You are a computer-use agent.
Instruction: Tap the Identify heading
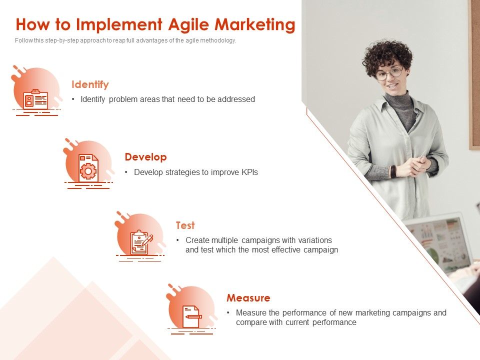pos(90,84)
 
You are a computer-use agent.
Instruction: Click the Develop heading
pos(145,157)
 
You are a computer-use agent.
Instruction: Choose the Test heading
pos(185,225)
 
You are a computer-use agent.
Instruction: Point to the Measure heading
pos(248,298)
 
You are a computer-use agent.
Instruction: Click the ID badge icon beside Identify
pos(35,99)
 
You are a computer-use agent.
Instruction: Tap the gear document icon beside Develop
pos(88,168)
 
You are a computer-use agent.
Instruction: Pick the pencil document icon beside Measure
pos(191,316)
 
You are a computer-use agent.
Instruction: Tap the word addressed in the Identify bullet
pos(236,99)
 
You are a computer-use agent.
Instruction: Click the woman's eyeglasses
pos(388,74)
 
